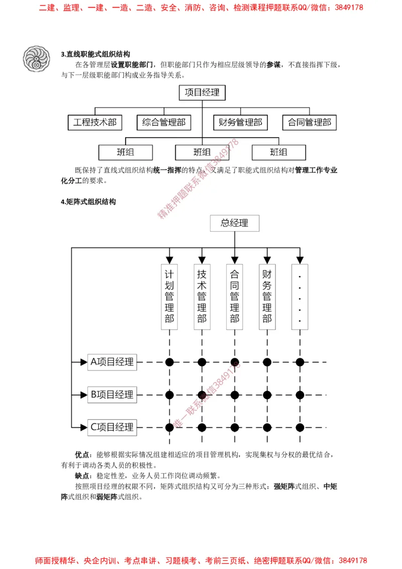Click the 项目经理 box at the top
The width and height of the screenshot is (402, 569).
[202, 92]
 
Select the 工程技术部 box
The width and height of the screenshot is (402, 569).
[94, 122]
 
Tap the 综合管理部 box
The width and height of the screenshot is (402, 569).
[164, 122]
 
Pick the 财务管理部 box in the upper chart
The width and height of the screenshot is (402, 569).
[240, 122]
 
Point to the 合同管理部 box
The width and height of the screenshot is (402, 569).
[309, 122]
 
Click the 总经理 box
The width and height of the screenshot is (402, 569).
[234, 223]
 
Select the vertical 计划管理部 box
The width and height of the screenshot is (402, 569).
[169, 297]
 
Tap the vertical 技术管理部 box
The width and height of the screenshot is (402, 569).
[202, 297]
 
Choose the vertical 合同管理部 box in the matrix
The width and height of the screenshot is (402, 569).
[234, 297]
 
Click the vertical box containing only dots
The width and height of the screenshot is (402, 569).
[299, 297]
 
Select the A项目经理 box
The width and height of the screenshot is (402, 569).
[112, 362]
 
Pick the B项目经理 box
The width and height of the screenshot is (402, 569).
[112, 395]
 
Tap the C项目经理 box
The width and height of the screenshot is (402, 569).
[112, 427]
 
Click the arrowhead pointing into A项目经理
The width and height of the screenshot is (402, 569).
[83, 362]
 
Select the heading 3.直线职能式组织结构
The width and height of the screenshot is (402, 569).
[95, 54]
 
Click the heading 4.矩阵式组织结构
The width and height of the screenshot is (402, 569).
[88, 202]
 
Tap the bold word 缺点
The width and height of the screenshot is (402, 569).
[81, 475]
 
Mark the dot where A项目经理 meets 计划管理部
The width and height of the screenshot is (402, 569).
[169, 362]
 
